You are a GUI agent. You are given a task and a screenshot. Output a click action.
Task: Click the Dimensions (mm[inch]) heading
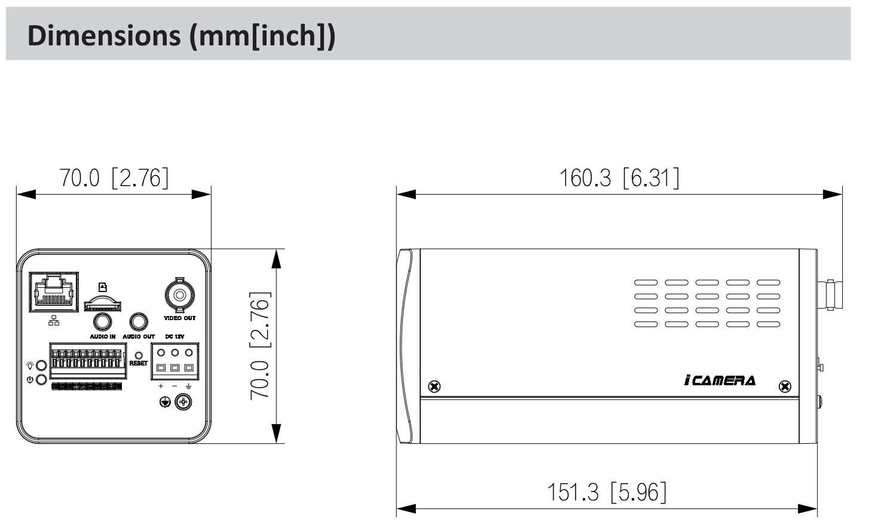(181, 35)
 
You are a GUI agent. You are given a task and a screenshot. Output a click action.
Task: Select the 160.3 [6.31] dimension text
(619, 178)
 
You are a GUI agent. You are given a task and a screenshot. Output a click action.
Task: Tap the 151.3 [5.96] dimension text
(606, 492)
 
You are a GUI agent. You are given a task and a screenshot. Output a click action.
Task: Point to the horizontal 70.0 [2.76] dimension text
(114, 178)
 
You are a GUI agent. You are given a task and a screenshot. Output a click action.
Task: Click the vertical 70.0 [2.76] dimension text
(261, 345)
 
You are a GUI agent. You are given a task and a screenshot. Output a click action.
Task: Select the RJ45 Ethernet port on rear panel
(54, 292)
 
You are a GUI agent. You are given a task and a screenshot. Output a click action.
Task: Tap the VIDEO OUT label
(179, 318)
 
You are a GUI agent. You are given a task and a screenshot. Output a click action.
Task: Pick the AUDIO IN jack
(102, 322)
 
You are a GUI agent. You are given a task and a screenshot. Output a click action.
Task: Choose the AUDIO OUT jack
(139, 322)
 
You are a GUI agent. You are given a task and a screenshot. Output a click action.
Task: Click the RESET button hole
(139, 355)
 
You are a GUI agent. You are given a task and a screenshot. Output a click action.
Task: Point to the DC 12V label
(175, 337)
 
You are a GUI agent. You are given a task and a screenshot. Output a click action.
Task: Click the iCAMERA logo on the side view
(720, 380)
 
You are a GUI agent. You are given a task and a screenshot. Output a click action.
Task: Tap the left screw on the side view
(434, 386)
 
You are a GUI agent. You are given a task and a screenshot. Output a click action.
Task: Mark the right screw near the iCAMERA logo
(785, 386)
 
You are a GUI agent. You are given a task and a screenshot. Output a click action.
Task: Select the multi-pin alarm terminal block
(88, 361)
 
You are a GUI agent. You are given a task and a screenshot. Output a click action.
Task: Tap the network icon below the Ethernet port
(54, 321)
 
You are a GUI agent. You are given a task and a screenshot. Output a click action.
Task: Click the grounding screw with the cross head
(183, 403)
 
